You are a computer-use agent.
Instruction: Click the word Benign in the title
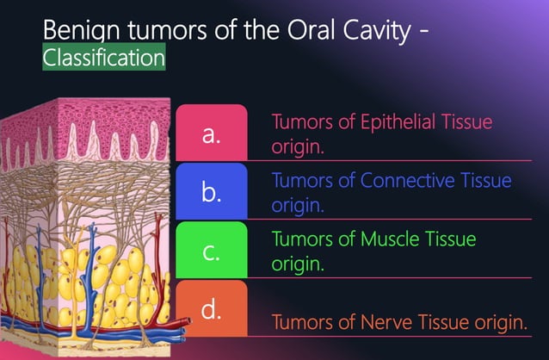tap(77, 32)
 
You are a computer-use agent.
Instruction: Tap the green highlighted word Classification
tap(104, 59)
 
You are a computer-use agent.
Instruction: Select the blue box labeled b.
tap(211, 193)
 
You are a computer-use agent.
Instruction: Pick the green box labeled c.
tap(211, 251)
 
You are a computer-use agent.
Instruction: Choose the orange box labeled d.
tap(211, 308)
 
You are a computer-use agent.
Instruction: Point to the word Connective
tap(405, 181)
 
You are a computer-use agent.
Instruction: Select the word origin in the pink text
tap(297, 147)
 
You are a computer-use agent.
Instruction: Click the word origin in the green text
tap(297, 264)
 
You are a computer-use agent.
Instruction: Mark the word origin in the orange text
tap(498, 324)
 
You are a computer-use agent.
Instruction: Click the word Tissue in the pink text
tap(466, 122)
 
